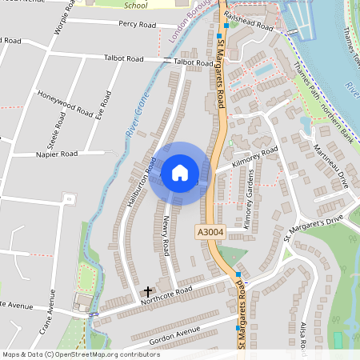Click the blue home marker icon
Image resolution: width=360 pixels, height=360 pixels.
(x=179, y=173)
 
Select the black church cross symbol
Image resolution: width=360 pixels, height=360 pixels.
(x=147, y=292)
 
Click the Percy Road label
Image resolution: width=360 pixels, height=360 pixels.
(x=136, y=25)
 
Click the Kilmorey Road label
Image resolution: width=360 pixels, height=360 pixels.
(x=254, y=156)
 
